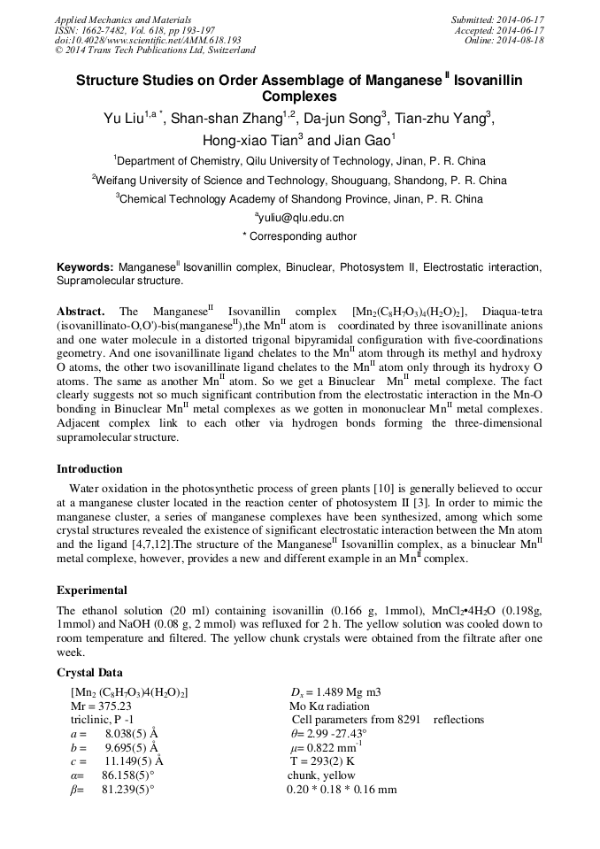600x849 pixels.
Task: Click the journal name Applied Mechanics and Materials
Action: [123, 19]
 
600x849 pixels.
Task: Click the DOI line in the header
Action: [148, 40]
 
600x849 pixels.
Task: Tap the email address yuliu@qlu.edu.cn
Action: [301, 217]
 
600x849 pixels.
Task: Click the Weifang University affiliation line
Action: [300, 180]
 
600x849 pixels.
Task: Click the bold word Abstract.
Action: [81, 312]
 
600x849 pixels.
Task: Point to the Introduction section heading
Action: [89, 469]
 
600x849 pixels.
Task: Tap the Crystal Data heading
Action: [90, 673]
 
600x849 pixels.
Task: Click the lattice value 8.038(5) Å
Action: [131, 734]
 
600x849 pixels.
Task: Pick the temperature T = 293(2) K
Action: [322, 760]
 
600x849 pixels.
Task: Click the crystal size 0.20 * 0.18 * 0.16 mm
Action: [342, 789]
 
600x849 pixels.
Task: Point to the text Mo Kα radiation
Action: [329, 706]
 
